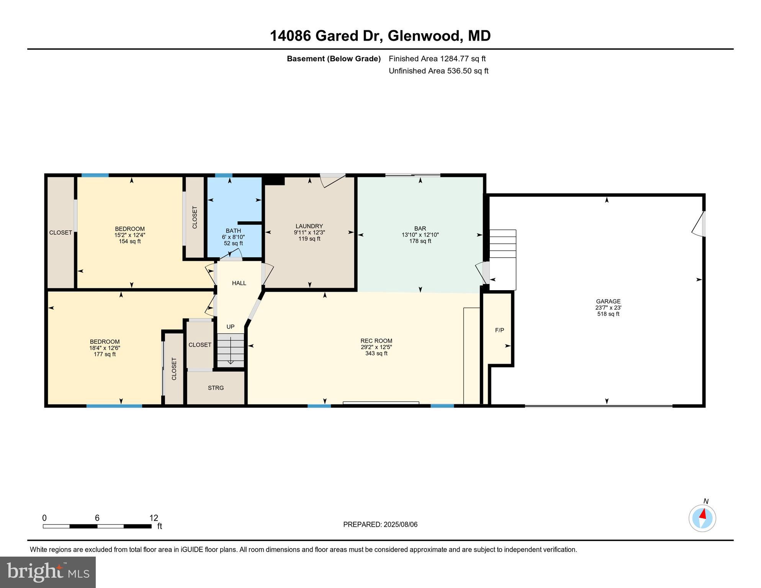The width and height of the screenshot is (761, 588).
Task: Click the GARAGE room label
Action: (608, 302)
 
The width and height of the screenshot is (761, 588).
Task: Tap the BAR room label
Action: (420, 229)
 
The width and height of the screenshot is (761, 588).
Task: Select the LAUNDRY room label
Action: (309, 226)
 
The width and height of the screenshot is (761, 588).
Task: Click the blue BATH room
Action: (234, 214)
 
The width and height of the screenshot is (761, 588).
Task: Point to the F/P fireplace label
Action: (499, 330)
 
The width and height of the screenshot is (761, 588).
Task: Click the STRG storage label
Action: (216, 388)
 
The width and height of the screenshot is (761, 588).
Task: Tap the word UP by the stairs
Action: (230, 327)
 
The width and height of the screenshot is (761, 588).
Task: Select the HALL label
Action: (239, 283)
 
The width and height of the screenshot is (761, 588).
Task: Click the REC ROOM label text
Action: (376, 341)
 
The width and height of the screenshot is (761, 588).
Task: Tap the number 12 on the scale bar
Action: (154, 518)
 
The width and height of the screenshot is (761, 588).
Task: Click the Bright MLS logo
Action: (48, 572)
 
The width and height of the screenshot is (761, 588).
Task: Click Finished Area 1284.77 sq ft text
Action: (437, 59)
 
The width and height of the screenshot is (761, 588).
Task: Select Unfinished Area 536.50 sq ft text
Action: (439, 71)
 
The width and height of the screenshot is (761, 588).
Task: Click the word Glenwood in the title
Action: (423, 36)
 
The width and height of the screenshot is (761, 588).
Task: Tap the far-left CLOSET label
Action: (61, 232)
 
